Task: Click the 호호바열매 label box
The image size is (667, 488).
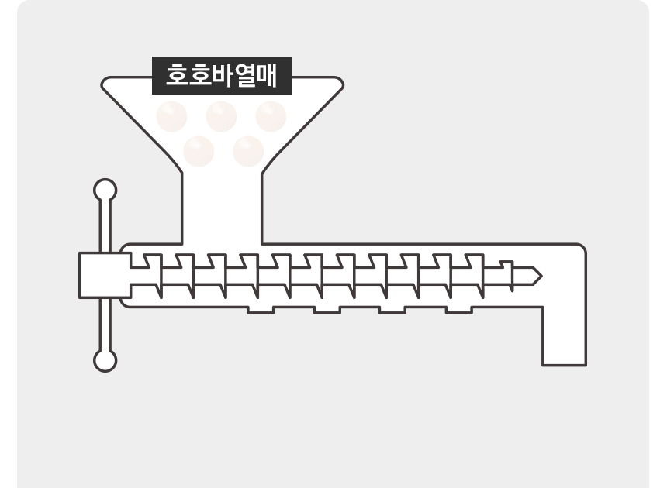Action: (222, 75)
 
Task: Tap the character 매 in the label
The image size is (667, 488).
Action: (266, 76)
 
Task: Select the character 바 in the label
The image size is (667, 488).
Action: (222, 76)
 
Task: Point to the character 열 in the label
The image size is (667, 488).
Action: (244, 76)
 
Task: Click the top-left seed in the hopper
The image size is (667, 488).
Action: (172, 116)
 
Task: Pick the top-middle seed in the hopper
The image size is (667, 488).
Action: (221, 116)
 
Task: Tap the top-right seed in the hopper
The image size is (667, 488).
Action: (271, 116)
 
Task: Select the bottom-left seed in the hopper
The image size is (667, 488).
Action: (199, 151)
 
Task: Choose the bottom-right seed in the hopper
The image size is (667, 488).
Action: (248, 151)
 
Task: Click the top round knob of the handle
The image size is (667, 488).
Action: (105, 190)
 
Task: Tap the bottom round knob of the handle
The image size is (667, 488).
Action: (105, 361)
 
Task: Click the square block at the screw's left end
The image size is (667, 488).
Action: (105, 275)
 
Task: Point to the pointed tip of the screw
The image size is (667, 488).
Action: (541, 277)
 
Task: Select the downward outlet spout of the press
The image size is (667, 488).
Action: (565, 335)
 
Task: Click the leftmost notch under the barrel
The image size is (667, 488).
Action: (261, 311)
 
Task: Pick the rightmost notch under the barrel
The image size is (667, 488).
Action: (459, 311)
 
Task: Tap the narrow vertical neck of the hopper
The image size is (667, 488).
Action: (222, 208)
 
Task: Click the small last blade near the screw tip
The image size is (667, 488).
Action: (507, 276)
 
